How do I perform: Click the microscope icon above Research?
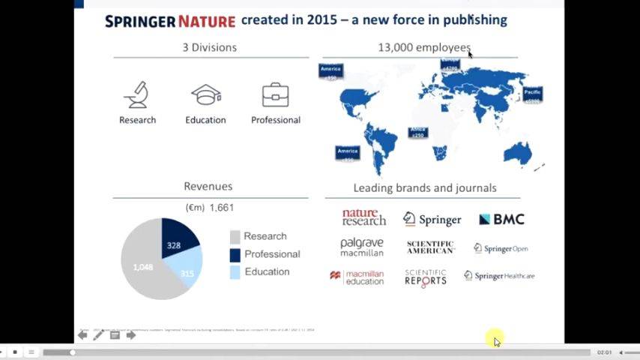point(137,95)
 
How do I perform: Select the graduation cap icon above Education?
point(205,95)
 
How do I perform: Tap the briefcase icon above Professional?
point(275,95)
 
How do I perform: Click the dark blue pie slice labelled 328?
point(178,236)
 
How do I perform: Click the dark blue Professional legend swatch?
point(235,254)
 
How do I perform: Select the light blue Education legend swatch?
point(235,271)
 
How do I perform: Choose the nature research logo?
point(363,217)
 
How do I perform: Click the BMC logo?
point(501,219)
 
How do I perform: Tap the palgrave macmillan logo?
point(362,247)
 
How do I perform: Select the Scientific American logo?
point(430,247)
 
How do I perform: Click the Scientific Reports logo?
point(426,277)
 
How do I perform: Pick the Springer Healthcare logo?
point(499,276)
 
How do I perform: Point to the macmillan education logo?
point(357,277)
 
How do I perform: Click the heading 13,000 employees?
point(424,47)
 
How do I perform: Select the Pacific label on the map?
point(532,94)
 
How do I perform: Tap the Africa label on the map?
point(417,132)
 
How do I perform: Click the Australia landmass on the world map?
point(517,153)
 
